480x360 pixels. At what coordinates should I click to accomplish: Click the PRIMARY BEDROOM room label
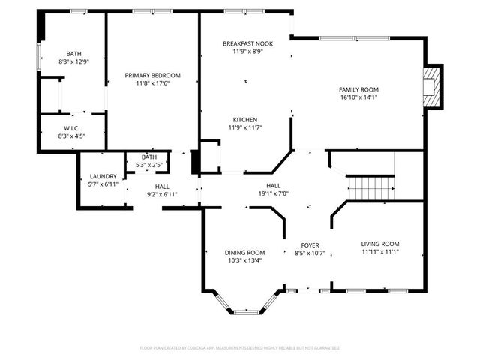coord(152,75)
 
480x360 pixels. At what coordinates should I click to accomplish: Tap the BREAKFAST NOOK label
coord(247,44)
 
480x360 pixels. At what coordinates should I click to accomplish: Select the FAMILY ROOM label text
coord(359,89)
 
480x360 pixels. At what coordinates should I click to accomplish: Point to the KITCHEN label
coord(245,120)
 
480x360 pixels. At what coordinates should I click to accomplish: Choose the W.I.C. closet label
coord(73,129)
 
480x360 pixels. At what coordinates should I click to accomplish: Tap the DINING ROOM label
coord(245,253)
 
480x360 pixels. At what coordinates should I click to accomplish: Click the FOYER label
coord(310,245)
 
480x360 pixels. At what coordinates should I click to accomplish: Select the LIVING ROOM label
coord(380,244)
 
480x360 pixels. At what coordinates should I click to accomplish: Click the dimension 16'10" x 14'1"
coord(359,97)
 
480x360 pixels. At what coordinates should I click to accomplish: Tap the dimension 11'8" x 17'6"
coord(152,83)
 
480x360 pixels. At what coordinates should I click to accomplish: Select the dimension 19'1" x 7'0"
coord(273,193)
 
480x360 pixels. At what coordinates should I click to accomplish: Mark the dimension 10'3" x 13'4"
coord(245,261)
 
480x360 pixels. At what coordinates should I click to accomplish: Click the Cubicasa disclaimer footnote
coord(240,348)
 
